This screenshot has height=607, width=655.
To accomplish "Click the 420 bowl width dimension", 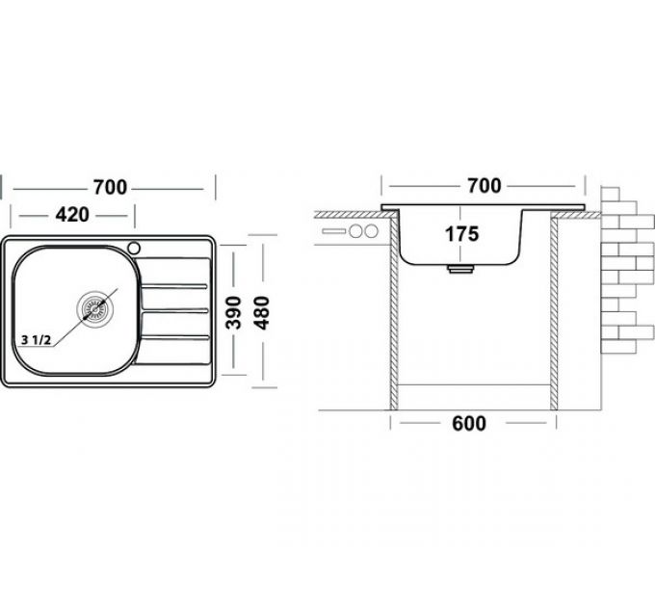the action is [72, 215].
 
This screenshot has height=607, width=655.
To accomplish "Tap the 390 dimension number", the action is [234, 312].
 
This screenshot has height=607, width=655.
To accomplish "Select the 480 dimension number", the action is [262, 312].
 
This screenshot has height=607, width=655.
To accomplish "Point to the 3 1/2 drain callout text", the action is [36, 340].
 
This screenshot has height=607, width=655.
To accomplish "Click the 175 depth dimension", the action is [461, 234].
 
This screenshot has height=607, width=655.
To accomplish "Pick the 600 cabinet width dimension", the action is [469, 424].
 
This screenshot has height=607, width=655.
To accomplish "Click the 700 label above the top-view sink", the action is [110, 187].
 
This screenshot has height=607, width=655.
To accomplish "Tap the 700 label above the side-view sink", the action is [485, 186].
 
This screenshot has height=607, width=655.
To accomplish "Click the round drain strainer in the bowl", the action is [94, 308].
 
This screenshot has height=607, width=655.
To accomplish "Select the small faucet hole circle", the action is [134, 249].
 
